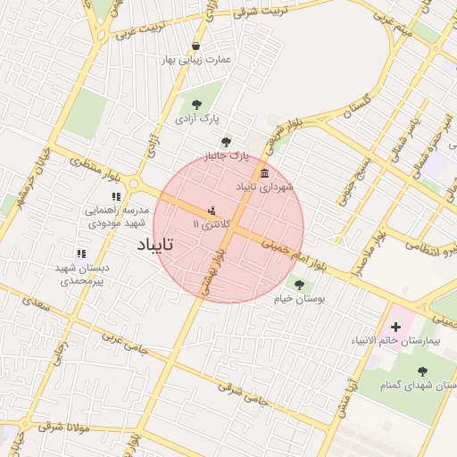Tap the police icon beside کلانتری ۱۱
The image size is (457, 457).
tap(211, 212)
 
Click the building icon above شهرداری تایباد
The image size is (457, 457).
tap(264, 173)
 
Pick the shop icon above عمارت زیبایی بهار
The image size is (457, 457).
tap(195, 46)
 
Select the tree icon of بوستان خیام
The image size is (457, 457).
tap(298, 285)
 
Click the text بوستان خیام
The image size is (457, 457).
tap(299, 299)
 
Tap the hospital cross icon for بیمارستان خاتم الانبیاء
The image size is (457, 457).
tap(395, 328)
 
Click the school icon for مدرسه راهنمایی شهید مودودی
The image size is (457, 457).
tap(116, 196)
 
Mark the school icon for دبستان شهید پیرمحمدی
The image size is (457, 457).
tap(81, 253)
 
